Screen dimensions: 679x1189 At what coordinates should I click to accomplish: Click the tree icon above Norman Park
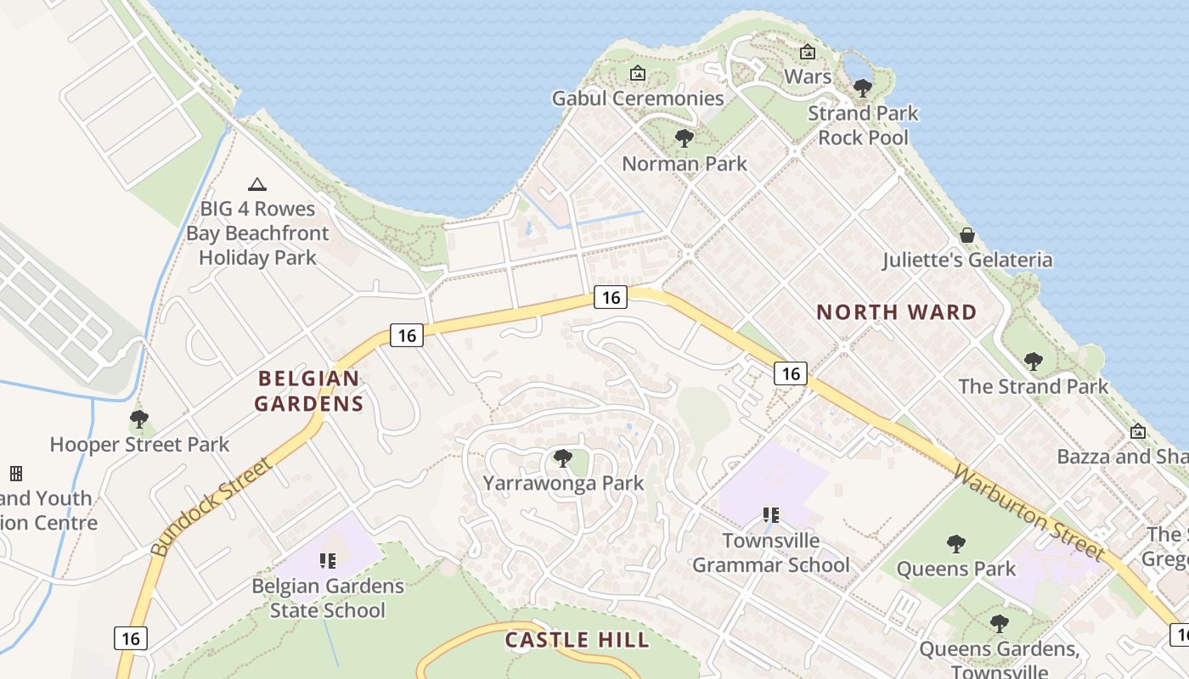coord(684,138)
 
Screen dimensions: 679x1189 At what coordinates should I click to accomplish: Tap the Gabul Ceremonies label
coord(638,98)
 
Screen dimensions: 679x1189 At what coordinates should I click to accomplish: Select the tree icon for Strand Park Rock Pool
coord(862,87)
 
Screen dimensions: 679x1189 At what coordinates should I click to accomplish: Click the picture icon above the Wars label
coord(808,52)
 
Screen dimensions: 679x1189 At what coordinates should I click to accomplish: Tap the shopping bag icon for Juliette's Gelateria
coord(966,235)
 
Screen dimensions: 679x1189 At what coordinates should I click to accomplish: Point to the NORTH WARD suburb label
coord(897,312)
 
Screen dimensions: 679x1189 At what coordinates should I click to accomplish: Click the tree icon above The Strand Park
coord(1033,362)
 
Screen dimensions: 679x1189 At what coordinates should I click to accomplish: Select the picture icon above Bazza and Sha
coord(1138,432)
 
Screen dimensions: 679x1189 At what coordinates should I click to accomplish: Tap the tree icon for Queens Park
coord(956,543)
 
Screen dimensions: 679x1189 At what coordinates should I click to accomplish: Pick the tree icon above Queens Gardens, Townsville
coord(999,625)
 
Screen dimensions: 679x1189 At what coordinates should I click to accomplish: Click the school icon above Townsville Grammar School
coord(770,514)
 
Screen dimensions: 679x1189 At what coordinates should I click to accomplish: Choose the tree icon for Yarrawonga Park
coord(562,458)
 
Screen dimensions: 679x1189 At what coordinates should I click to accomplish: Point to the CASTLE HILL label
coord(577,639)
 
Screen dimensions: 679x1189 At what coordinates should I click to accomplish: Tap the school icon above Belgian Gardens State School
coord(327,560)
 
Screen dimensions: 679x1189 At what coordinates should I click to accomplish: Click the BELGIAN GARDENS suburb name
coord(310,391)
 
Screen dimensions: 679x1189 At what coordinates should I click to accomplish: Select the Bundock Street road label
coord(212,507)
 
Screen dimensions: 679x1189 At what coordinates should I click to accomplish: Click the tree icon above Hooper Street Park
coord(139,419)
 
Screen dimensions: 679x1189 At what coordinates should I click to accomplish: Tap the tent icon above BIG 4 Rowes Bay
coord(256,184)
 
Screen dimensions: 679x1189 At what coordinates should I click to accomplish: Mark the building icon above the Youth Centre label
coord(15,473)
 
